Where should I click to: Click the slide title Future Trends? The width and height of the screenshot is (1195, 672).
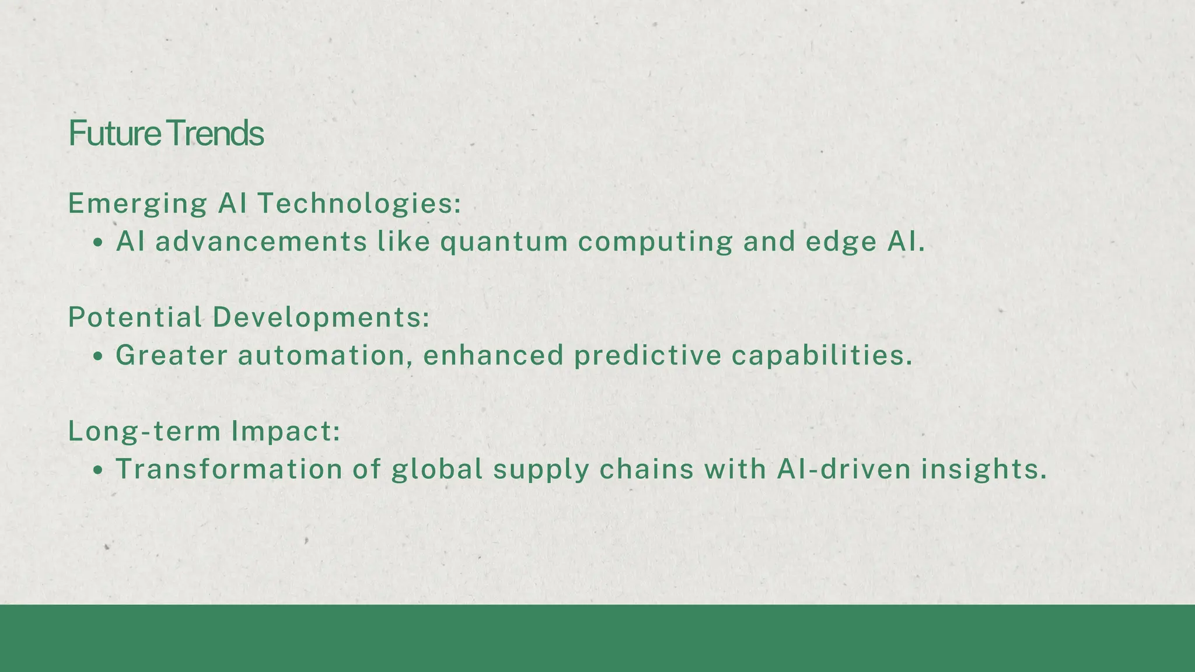pos(166,134)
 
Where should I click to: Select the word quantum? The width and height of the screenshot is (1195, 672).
pos(504,242)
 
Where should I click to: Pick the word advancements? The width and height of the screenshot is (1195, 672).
pos(261,242)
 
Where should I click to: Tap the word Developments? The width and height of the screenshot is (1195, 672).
pos(320,317)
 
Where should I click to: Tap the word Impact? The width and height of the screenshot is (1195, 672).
pos(285,431)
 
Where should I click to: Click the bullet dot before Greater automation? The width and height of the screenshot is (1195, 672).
pos(98,356)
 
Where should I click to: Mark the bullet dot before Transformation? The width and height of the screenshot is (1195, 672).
pos(98,470)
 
